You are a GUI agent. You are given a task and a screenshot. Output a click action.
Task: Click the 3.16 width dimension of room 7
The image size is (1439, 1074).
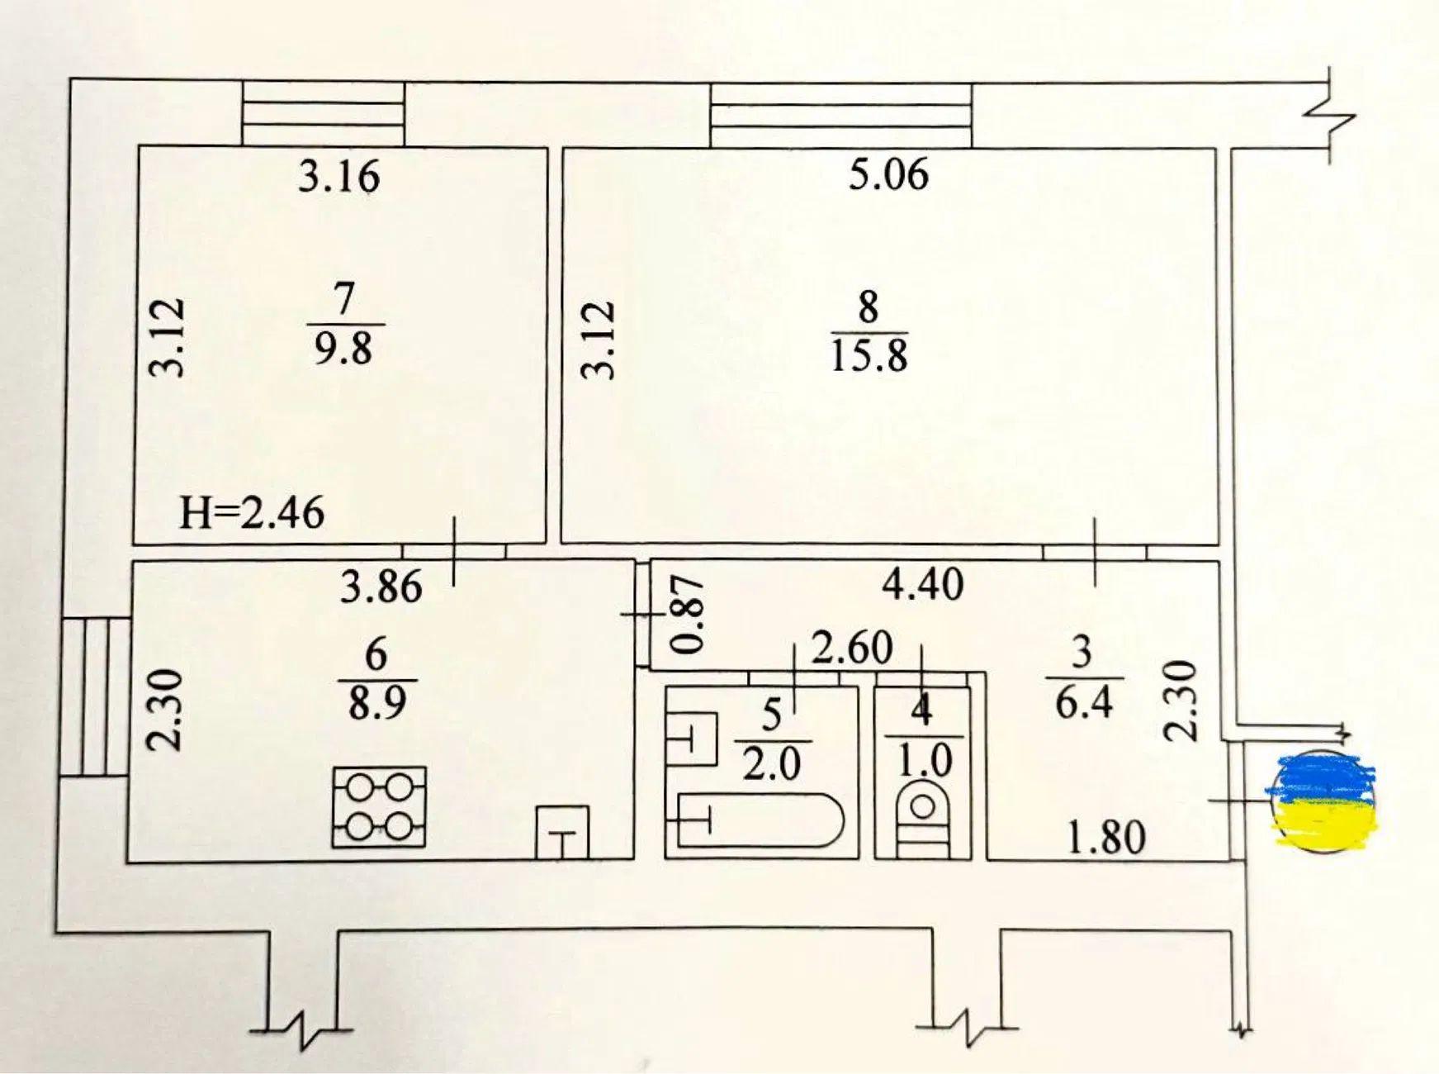[x=338, y=177]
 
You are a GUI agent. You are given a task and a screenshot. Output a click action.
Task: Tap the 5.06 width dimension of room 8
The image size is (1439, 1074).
[x=889, y=175]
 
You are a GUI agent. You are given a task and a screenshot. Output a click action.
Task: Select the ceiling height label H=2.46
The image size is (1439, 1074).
[x=252, y=513]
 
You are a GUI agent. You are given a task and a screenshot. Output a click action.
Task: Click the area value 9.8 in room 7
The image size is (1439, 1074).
[x=343, y=349]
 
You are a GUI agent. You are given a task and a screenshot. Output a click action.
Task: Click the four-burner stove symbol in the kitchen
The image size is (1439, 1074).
[x=379, y=807]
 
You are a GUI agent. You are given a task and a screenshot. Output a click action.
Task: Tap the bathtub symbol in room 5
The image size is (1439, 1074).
[x=759, y=820]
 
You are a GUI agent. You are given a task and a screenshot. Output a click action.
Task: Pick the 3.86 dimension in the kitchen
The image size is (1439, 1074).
[x=381, y=587]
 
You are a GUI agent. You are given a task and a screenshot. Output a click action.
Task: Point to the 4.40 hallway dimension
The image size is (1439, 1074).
[x=923, y=585]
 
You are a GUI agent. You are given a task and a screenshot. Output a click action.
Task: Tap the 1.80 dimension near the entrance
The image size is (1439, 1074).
[x=1106, y=839]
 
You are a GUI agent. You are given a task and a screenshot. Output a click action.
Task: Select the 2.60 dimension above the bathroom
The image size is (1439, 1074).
[x=852, y=649]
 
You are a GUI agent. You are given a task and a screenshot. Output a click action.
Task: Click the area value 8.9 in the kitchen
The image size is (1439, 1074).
[x=376, y=705]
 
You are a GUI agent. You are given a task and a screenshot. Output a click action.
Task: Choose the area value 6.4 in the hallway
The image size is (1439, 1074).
[x=1083, y=703]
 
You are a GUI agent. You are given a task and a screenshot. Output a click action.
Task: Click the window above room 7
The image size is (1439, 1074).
[x=324, y=114]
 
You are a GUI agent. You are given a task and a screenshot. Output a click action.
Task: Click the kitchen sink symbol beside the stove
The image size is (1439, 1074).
[x=563, y=832]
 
